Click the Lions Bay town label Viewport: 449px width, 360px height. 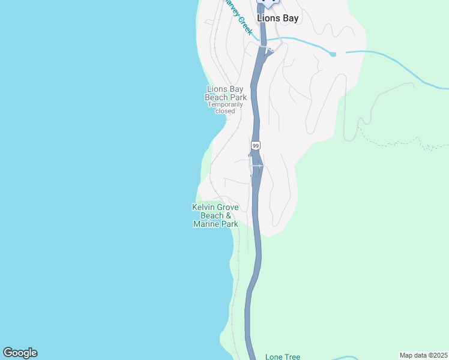(x=277, y=18)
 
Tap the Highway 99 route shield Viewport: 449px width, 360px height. (x=256, y=146)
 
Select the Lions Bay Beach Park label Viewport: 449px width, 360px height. (x=226, y=93)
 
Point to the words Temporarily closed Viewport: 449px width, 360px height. (x=226, y=107)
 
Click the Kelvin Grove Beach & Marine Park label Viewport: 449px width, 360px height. (x=215, y=215)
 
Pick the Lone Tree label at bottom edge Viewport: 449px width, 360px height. (x=283, y=356)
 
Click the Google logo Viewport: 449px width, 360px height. (x=20, y=353)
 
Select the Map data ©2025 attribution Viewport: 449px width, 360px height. (x=424, y=355)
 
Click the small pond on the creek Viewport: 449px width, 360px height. (x=333, y=55)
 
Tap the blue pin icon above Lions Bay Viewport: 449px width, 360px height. (x=268, y=2)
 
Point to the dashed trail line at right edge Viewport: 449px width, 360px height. (x=420, y=144)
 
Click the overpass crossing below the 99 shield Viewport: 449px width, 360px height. (x=256, y=166)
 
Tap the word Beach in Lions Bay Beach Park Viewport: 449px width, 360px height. (x=217, y=97)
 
